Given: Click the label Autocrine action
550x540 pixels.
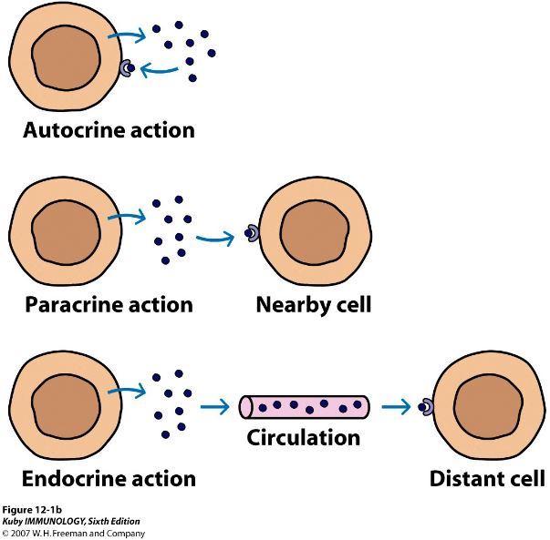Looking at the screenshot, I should [108, 129].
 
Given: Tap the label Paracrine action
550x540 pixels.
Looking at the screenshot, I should [108, 303].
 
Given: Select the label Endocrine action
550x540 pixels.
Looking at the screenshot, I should [109, 477].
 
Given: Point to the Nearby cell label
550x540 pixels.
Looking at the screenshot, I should [313, 303].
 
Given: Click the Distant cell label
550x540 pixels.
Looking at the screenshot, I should [487, 477].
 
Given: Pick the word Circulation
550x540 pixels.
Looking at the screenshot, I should [304, 438].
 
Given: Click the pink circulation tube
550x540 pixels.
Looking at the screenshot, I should [304, 405].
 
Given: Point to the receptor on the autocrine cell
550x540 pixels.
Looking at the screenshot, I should [128, 68].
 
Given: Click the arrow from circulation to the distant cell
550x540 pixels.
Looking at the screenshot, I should [394, 406].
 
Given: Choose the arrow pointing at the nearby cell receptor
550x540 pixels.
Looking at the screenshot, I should [216, 238].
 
